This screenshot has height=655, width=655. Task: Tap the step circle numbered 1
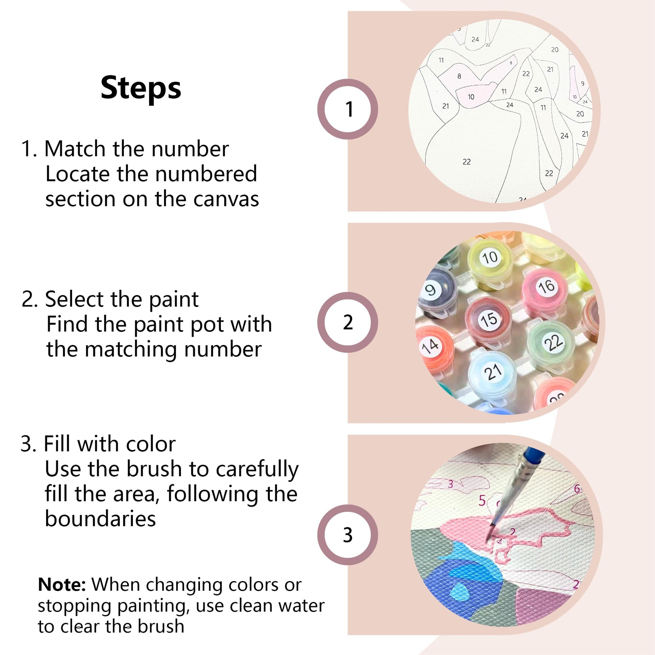pyautogui.click(x=348, y=109)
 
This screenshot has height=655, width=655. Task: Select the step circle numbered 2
pyautogui.click(x=348, y=322)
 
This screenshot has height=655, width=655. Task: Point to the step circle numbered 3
pyautogui.click(x=348, y=535)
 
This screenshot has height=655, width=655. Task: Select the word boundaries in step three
pyautogui.click(x=100, y=519)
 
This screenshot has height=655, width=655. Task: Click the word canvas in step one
pyautogui.click(x=226, y=199)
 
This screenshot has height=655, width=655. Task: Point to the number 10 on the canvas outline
pyautogui.click(x=471, y=97)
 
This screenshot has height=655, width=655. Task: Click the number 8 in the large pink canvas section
pyautogui.click(x=459, y=76)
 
